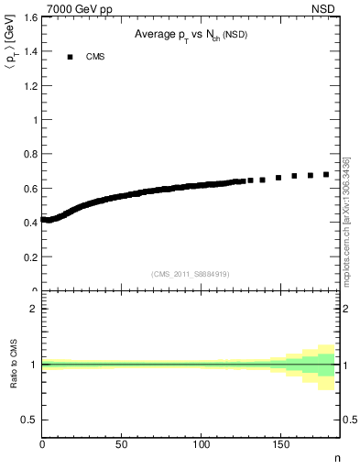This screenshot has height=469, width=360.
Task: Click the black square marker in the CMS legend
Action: [69, 57]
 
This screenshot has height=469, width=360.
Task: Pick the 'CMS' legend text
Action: [94, 57]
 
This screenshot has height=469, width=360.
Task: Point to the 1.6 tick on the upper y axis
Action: [30, 17]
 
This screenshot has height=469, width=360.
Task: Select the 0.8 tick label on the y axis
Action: [30, 154]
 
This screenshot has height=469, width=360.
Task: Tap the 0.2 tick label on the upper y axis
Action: [30, 257]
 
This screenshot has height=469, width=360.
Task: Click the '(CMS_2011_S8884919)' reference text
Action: [191, 273]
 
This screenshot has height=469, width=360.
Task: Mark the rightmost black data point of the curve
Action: [326, 174]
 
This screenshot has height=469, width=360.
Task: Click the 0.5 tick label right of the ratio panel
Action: [349, 420]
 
